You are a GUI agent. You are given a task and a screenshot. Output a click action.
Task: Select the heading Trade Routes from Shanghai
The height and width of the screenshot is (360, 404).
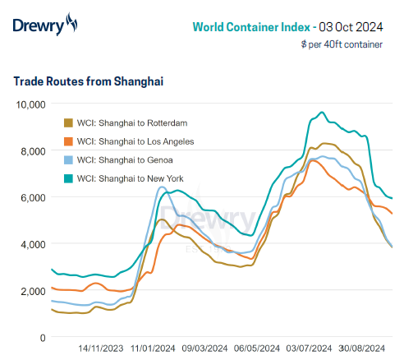pyautogui.click(x=89, y=81)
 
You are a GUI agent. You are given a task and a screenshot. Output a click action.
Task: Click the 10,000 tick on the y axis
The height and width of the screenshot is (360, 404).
pyautogui.click(x=30, y=104)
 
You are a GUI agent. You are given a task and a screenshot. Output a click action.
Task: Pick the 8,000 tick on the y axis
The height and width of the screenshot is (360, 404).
pyautogui.click(x=33, y=151)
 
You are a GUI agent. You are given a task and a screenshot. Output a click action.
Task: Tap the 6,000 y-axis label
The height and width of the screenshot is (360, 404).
pyautogui.click(x=33, y=198)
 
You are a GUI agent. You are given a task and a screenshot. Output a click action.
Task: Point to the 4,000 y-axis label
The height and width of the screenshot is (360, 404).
pyautogui.click(x=33, y=244)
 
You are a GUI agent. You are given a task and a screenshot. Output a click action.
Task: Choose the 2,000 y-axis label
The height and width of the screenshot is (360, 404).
pyautogui.click(x=33, y=291)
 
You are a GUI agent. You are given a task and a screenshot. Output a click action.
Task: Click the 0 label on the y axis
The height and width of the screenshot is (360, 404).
pyautogui.click(x=42, y=338)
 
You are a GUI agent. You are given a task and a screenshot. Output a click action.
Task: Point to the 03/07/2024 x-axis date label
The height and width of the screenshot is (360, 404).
pyautogui.click(x=309, y=348)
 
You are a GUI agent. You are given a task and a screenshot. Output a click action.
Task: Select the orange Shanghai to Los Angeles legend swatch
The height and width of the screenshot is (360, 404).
pyautogui.click(x=68, y=141)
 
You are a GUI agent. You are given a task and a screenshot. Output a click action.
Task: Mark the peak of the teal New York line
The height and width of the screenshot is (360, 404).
pyautogui.click(x=322, y=113)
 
